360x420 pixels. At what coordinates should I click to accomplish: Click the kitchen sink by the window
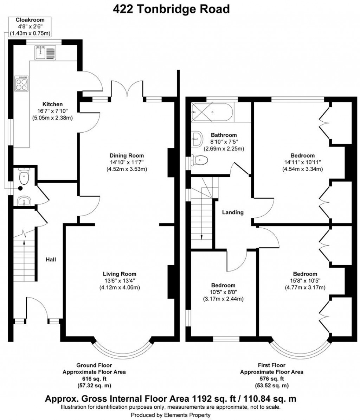tap(45, 53)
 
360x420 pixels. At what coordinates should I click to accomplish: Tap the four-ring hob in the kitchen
tap(21, 83)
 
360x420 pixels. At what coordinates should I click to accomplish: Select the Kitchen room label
tap(52, 104)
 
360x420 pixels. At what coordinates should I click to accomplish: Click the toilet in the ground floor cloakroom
tap(24, 177)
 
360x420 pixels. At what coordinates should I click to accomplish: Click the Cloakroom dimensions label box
tap(30, 27)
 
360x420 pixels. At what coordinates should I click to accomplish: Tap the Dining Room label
tap(127, 155)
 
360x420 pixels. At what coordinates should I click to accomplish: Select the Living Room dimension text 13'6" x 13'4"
tap(120, 280)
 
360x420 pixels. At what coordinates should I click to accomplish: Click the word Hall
tap(51, 260)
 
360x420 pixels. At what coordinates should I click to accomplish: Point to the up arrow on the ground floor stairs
tap(24, 242)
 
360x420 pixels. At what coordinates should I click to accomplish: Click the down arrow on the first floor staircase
tap(202, 237)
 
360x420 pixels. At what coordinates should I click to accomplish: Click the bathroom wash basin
tap(197, 139)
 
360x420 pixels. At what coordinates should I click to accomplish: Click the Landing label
tap(233, 212)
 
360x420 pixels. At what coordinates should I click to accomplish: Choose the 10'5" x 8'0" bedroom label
tap(223, 292)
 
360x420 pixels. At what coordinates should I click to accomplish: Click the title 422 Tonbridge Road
tap(171, 9)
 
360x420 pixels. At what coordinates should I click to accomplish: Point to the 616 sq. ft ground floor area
tap(94, 378)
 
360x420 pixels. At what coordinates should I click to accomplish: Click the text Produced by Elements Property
tap(171, 415)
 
